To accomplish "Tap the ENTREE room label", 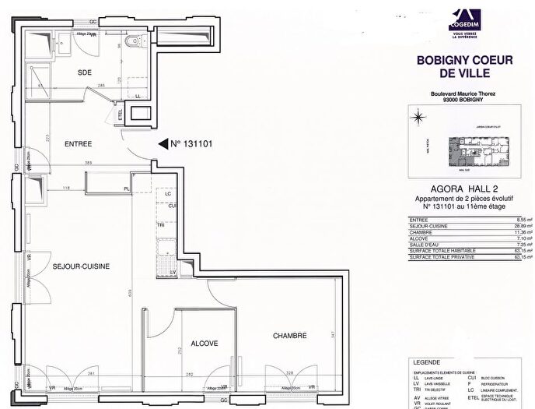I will click(79, 143).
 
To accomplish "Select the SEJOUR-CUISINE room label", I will click(80, 266).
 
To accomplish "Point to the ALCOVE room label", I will click(205, 344).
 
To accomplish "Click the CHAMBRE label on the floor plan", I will click(290, 336).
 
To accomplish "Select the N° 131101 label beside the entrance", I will click(191, 144).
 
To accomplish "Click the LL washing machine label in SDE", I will click(138, 96).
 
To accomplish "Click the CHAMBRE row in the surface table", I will click(464, 231).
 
